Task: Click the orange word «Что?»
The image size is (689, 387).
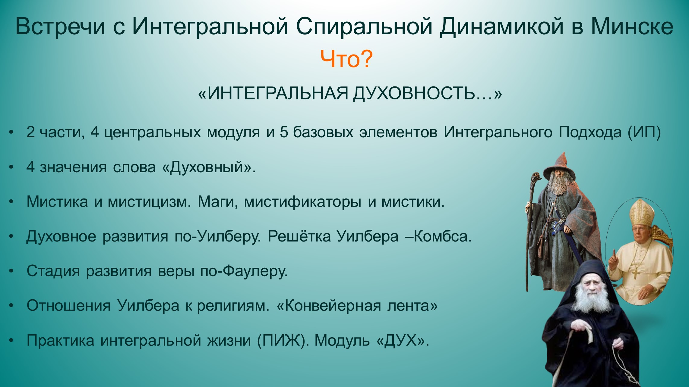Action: (x=346, y=59)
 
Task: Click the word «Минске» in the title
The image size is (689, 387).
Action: (x=632, y=27)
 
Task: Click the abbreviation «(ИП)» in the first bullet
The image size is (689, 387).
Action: (x=644, y=132)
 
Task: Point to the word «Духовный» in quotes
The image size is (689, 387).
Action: (x=207, y=167)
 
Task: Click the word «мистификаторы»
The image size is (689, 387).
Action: (x=302, y=202)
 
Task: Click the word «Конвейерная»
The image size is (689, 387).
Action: (x=333, y=306)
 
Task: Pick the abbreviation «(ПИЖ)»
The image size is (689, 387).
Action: (x=283, y=341)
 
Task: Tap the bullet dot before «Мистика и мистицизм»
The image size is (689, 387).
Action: (x=11, y=202)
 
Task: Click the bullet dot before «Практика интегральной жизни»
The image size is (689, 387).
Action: (x=11, y=341)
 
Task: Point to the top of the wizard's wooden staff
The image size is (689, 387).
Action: (x=535, y=176)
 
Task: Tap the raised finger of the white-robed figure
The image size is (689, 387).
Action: (x=613, y=255)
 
